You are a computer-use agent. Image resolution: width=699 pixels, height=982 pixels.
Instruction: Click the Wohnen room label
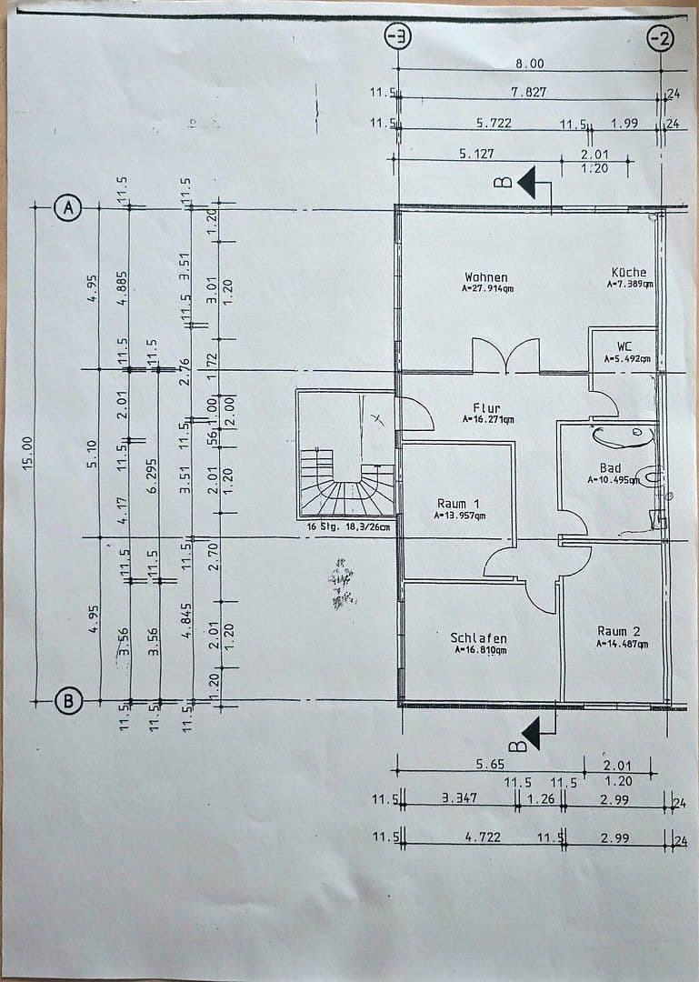(486, 277)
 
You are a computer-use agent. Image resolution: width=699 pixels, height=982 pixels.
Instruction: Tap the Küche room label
(628, 272)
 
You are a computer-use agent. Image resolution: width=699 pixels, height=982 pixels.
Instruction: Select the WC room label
(624, 346)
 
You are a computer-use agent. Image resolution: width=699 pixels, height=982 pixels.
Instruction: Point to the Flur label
(486, 408)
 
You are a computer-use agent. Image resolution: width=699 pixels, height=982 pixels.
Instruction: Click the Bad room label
(610, 468)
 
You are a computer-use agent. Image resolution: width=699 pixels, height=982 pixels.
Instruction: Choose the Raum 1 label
(457, 504)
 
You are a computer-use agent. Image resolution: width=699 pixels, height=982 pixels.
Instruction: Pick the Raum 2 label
(619, 631)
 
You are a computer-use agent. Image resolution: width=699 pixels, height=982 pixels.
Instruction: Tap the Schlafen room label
(478, 638)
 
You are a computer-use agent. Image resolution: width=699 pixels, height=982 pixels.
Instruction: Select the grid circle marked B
(67, 701)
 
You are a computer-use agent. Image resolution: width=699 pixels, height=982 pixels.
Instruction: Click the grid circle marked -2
(661, 38)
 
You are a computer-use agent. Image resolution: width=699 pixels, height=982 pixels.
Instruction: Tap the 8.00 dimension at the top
(529, 64)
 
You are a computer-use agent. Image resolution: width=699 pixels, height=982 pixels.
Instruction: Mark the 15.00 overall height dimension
(27, 452)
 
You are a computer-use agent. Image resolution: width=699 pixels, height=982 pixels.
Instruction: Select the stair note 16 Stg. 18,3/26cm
(349, 526)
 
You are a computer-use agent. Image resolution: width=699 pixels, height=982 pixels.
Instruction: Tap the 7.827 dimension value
(528, 93)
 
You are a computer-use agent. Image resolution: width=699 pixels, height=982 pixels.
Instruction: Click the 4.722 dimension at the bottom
(484, 837)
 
